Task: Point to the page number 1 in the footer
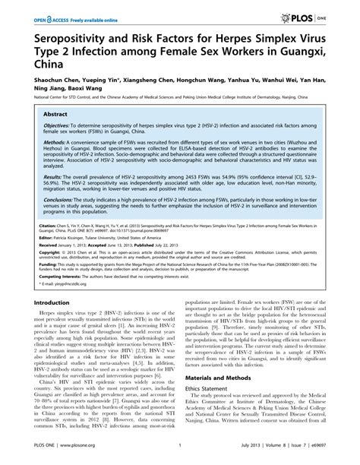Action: [179, 457]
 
